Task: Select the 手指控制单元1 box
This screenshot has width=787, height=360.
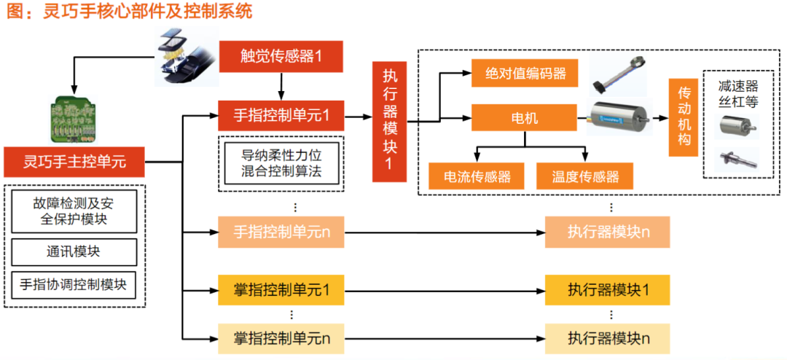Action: (281, 115)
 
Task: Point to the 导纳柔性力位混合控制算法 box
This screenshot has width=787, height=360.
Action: (281, 164)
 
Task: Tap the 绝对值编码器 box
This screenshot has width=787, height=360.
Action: (519, 73)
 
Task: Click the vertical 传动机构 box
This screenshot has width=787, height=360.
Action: (684, 116)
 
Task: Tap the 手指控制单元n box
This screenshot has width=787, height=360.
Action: (281, 232)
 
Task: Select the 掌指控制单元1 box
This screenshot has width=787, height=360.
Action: (281, 289)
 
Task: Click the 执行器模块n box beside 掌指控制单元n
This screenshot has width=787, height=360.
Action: (608, 338)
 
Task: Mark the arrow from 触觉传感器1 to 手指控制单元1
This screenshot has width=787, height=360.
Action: (281, 87)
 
